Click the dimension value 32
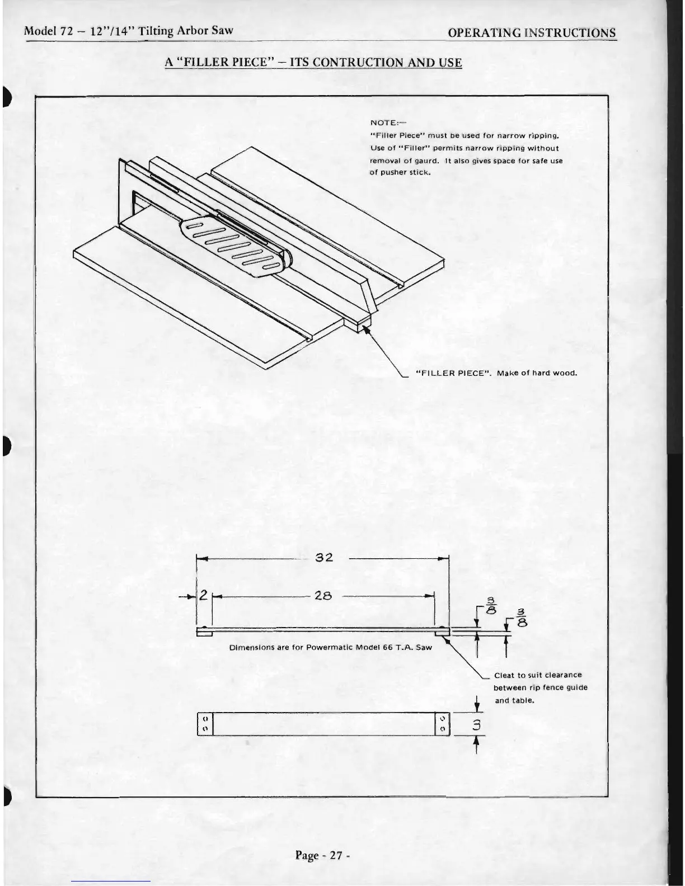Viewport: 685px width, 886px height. click(x=325, y=558)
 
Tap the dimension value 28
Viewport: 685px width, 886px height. click(x=323, y=596)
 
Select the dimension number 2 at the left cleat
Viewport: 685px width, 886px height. click(x=204, y=596)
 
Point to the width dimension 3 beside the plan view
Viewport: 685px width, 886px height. click(x=476, y=726)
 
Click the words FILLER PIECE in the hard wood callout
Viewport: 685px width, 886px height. click(x=453, y=373)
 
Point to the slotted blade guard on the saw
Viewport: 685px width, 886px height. click(x=235, y=246)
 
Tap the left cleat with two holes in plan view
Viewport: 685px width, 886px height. click(x=205, y=723)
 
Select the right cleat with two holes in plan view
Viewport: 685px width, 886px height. click(x=443, y=723)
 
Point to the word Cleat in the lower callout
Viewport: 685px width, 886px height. click(x=504, y=675)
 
